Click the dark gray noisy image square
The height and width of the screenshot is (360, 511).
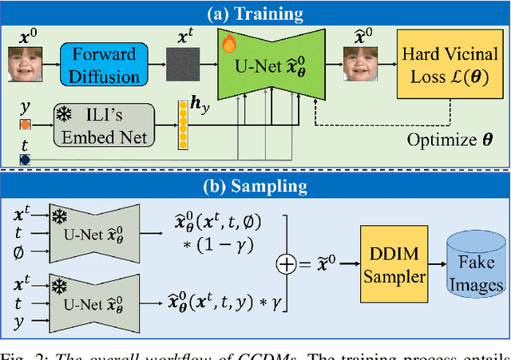tap(183, 64)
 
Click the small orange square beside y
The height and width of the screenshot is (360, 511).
tap(25, 125)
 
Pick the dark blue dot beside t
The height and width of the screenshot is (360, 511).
tap(25, 159)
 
